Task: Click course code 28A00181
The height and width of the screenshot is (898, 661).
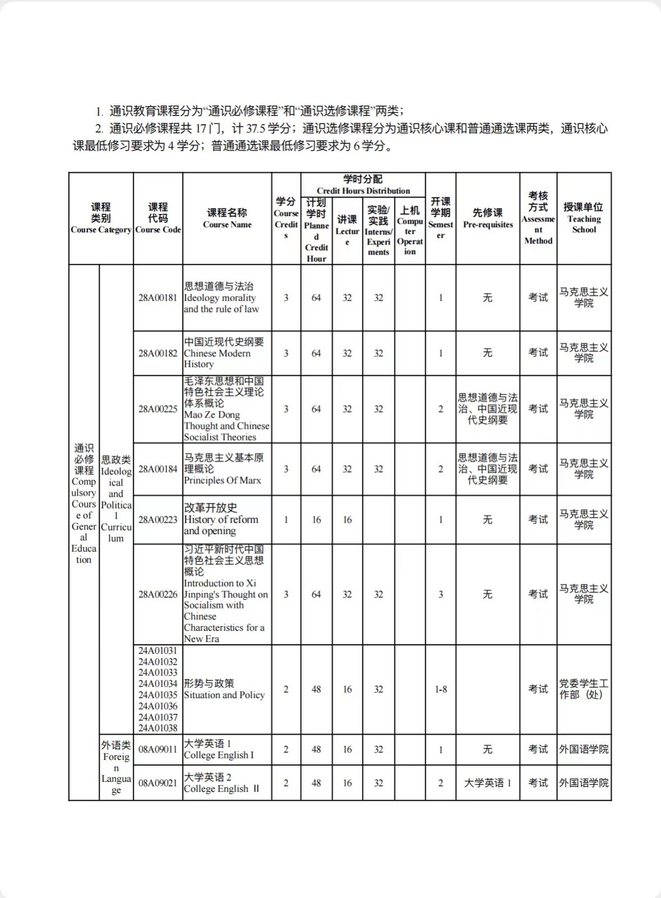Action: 158,297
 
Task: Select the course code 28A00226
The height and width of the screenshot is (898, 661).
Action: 158,594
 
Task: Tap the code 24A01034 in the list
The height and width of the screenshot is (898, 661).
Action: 158,684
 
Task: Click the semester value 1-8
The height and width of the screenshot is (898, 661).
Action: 441,689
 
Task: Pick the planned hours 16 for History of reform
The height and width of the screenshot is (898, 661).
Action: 316,520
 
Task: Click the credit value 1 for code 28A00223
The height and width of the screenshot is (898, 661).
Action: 286,520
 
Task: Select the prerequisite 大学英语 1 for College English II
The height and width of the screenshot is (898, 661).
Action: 488,783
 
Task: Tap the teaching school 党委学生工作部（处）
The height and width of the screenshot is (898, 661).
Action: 584,689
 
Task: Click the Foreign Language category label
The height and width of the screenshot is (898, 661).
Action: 116,767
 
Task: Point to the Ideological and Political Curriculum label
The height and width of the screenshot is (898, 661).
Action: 116,499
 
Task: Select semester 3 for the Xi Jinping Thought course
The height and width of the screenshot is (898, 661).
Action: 441,594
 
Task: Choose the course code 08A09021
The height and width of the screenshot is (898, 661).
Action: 158,783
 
